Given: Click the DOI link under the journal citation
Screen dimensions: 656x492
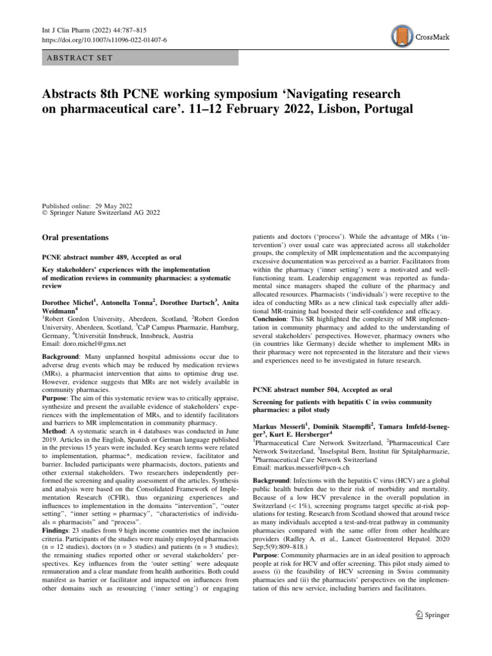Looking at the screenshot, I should tap(92, 40).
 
